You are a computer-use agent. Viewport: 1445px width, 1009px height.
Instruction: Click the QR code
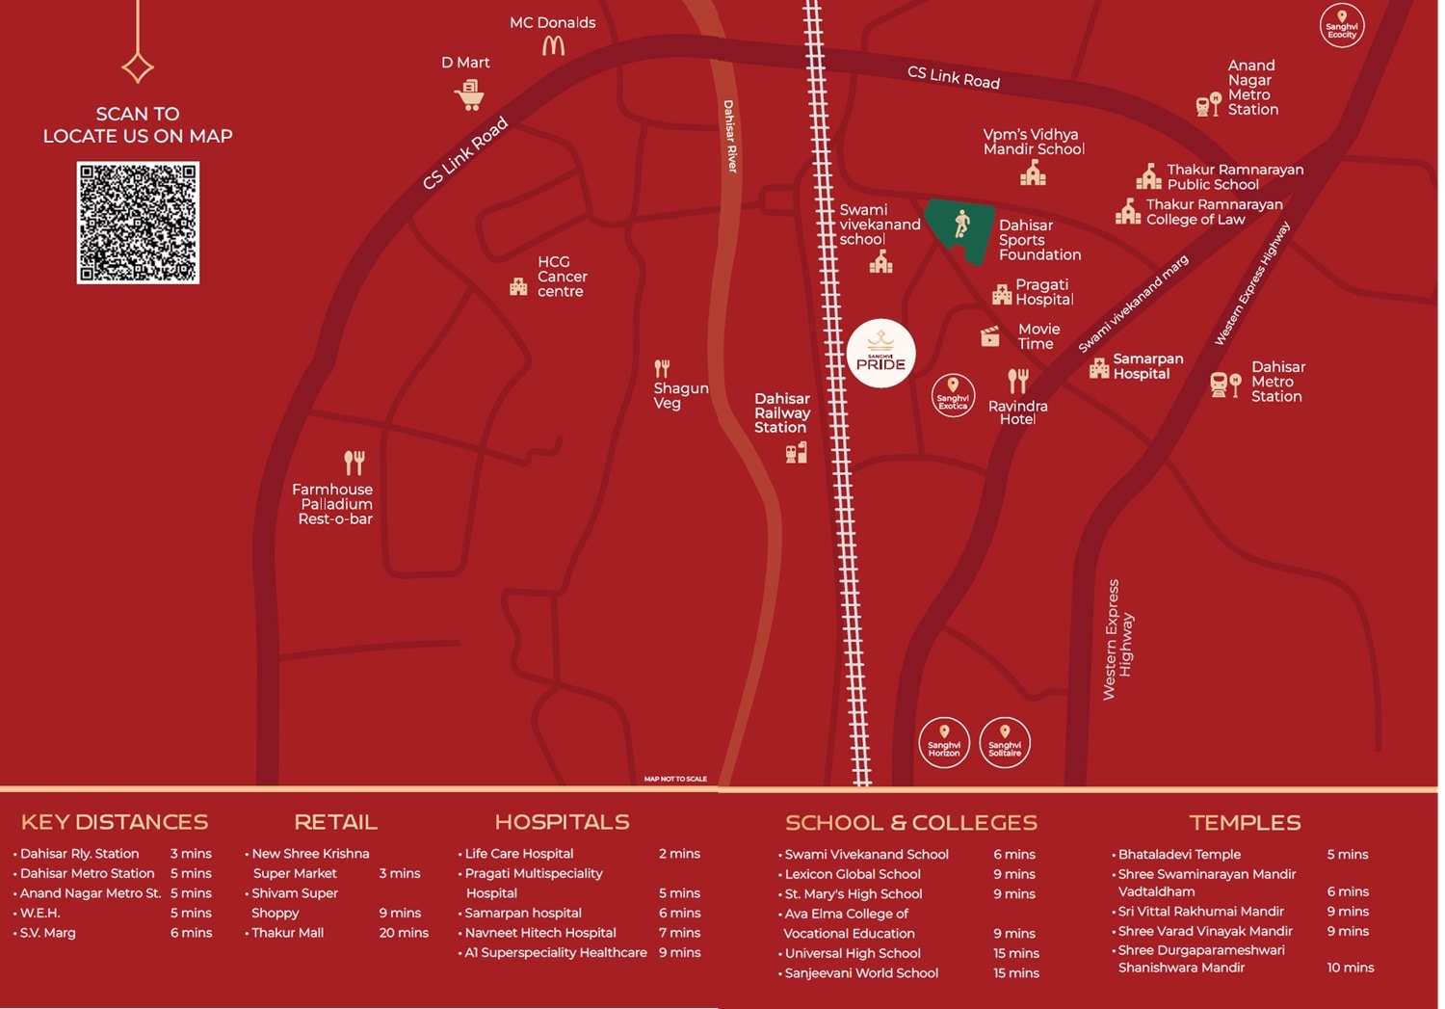138,223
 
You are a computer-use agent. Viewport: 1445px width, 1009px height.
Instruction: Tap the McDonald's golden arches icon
553,44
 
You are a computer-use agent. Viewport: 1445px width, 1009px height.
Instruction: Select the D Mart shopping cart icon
469,94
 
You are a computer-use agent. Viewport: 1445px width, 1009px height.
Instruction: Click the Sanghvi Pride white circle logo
880,353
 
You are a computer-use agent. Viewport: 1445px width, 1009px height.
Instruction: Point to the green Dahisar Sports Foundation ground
961,229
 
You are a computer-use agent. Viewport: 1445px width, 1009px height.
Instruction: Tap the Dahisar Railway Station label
781,412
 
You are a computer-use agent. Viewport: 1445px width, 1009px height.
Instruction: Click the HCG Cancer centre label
562,277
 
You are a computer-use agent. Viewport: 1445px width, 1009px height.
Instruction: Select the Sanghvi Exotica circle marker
953,395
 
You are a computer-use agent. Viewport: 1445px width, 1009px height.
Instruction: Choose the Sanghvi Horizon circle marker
944,742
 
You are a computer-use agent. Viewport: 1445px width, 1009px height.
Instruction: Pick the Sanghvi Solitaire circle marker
1005,742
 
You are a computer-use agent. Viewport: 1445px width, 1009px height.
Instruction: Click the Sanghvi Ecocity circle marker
1341,25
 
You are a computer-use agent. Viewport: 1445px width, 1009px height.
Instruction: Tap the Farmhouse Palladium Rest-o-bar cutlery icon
355,463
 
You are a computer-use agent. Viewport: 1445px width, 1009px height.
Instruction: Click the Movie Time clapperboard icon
990,336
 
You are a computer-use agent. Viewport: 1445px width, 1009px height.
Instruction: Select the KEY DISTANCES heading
115,822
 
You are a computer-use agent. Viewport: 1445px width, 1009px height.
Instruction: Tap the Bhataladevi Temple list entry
1179,854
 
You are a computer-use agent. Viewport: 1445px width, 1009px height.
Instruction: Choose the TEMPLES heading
1245,822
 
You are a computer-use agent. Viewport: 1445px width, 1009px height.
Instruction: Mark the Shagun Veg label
680,395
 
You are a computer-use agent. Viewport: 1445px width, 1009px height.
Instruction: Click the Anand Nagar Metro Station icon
1208,104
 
